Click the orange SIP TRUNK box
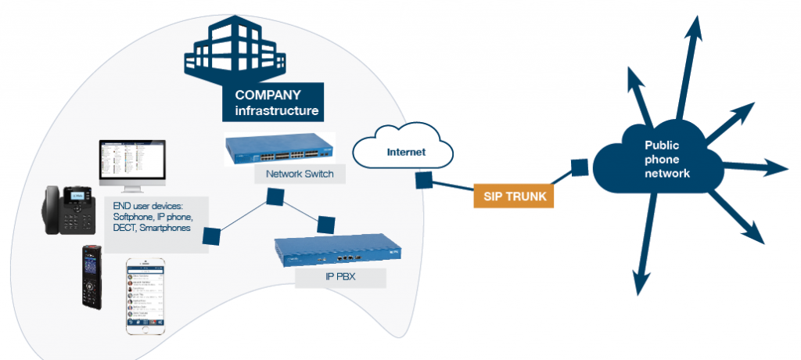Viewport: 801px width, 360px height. (513, 196)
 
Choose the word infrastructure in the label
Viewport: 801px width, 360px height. (271, 111)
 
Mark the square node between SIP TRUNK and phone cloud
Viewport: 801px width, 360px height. (580, 167)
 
